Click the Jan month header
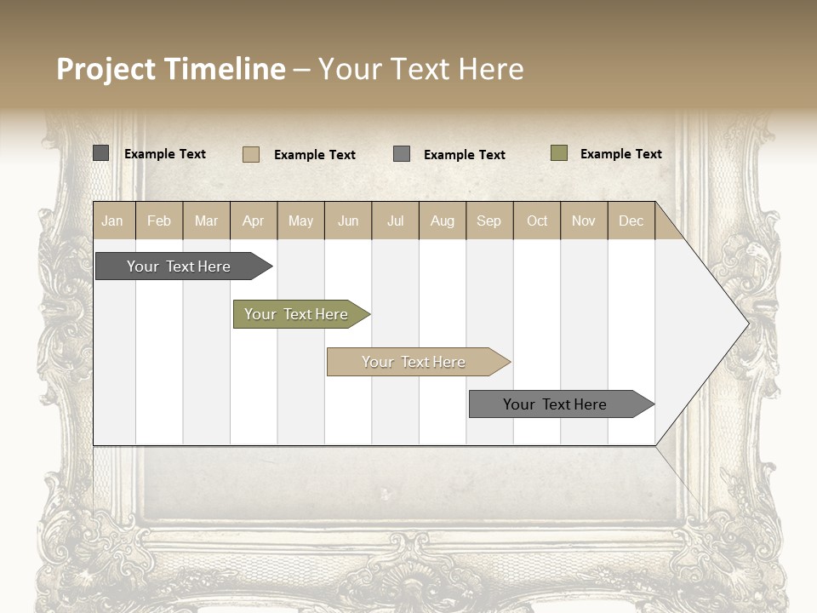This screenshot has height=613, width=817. click(x=113, y=221)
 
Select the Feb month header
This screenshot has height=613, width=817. click(x=159, y=221)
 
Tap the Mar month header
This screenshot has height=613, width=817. click(x=206, y=221)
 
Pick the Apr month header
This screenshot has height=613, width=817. click(x=254, y=221)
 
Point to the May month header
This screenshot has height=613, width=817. click(x=300, y=221)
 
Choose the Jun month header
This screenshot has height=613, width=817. click(x=348, y=221)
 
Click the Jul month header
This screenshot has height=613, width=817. click(x=395, y=221)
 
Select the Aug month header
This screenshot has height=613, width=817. click(x=443, y=221)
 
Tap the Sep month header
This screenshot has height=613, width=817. click(x=489, y=221)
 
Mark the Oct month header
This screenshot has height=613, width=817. click(x=537, y=221)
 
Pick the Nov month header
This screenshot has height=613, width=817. click(x=584, y=221)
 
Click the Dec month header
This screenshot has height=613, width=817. click(x=631, y=221)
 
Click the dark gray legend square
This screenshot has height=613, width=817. click(x=101, y=153)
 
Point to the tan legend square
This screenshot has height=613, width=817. click(x=251, y=154)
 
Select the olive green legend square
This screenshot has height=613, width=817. click(x=559, y=153)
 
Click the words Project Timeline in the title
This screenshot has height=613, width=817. click(x=171, y=69)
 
